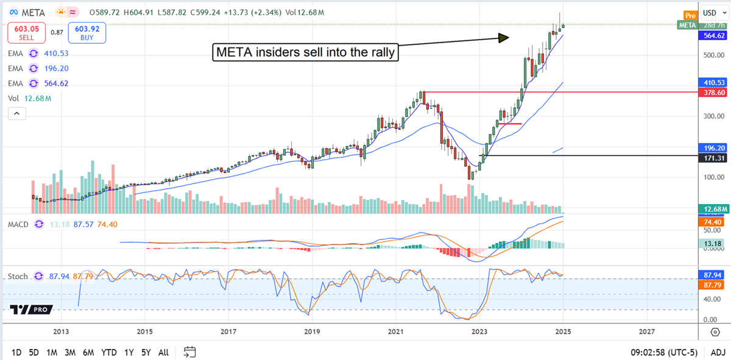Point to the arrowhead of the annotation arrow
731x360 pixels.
pos(503,38)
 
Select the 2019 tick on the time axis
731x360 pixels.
pos(311,331)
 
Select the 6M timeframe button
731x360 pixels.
pos(88,352)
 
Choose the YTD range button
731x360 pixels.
pos(109,352)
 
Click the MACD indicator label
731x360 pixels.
pos(19,224)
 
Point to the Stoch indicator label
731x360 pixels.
pos(18,276)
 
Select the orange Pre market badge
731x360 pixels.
pos(690,15)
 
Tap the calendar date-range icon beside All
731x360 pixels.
pos(189,352)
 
